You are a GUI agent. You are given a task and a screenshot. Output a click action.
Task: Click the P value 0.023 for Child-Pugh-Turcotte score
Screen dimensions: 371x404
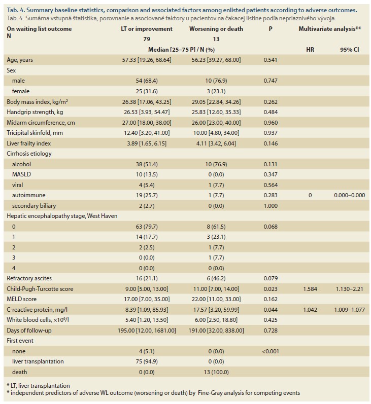(x=271, y=289)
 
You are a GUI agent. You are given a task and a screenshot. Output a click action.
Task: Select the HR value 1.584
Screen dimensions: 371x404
(x=310, y=289)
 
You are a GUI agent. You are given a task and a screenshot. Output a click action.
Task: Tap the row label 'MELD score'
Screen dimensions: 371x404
(x=22, y=299)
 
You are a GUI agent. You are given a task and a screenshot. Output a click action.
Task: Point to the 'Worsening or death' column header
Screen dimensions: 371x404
(x=216, y=29)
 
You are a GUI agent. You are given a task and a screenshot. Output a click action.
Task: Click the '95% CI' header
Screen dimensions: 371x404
(x=349, y=50)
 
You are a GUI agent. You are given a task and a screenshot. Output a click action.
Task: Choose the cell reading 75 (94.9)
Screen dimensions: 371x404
(x=147, y=361)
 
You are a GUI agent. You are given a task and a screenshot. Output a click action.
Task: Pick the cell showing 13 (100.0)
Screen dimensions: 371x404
(x=216, y=372)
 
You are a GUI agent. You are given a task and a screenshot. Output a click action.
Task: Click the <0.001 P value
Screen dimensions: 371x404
(x=271, y=351)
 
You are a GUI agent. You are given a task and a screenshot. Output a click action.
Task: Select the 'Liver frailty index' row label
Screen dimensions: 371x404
(x=28, y=143)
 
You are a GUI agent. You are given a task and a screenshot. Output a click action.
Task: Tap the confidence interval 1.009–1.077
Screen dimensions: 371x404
(x=349, y=310)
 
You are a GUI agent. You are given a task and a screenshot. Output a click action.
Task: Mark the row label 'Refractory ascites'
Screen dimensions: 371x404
(x=29, y=278)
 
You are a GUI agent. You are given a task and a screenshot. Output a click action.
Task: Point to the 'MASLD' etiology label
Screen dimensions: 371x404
(x=21, y=174)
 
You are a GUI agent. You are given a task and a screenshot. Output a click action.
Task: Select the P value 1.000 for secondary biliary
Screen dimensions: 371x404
(x=271, y=206)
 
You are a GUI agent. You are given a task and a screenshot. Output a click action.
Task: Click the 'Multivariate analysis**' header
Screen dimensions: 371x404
(x=330, y=29)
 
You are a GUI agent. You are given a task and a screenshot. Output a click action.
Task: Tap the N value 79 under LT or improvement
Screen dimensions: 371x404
(x=147, y=39)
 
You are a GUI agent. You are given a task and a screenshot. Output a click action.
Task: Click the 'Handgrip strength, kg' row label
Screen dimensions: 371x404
(x=35, y=112)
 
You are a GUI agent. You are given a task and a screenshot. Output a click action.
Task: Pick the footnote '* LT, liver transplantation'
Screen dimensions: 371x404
(x=38, y=386)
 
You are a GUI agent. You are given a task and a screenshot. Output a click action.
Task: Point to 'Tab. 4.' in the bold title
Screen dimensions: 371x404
(x=16, y=10)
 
